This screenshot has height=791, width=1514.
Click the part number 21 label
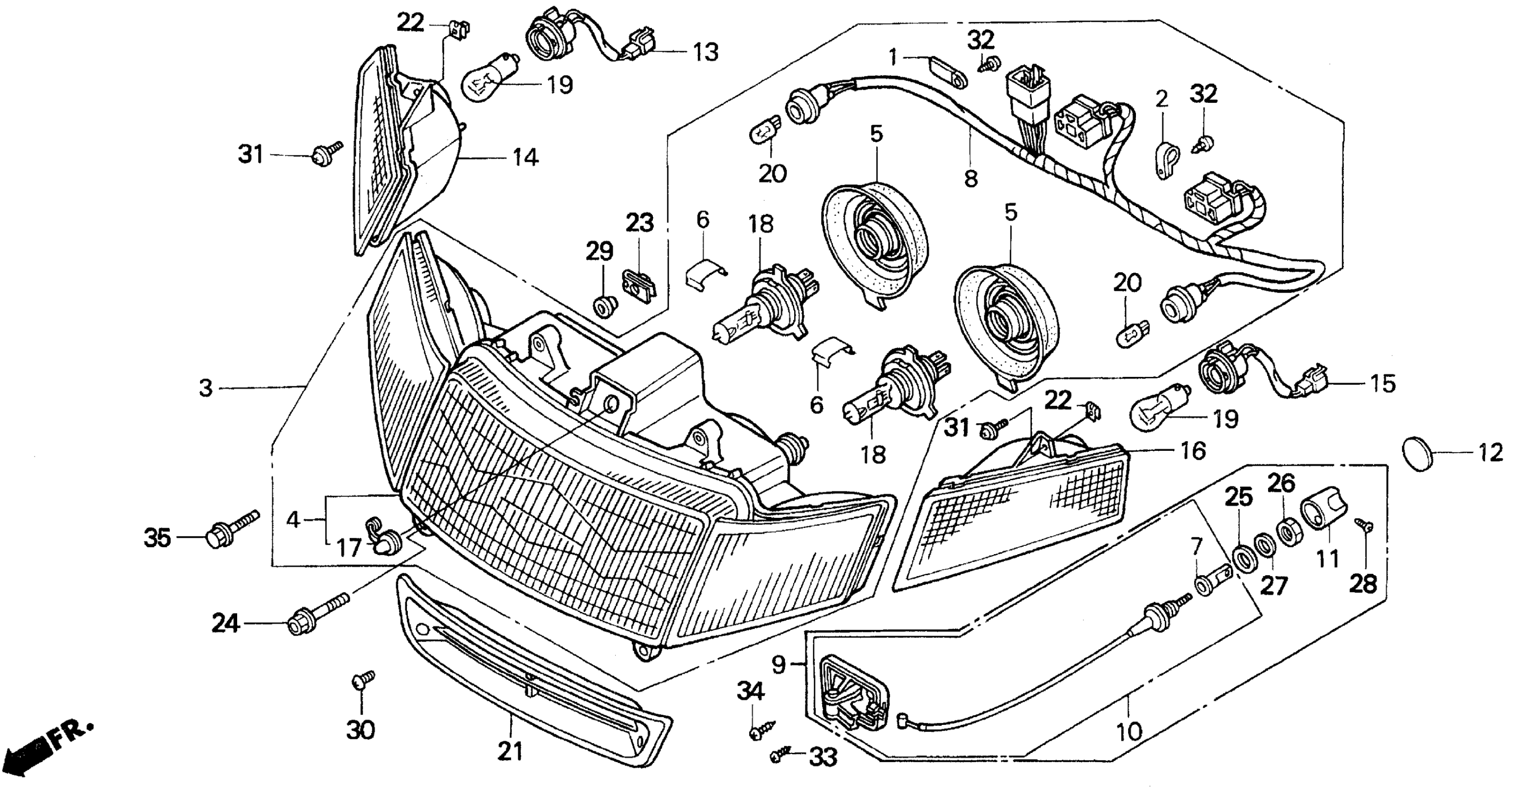click(509, 751)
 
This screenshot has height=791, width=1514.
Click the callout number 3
click(205, 388)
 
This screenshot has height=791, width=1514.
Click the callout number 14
click(525, 158)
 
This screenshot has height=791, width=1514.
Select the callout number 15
click(1382, 384)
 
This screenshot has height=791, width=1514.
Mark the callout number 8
click(971, 178)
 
